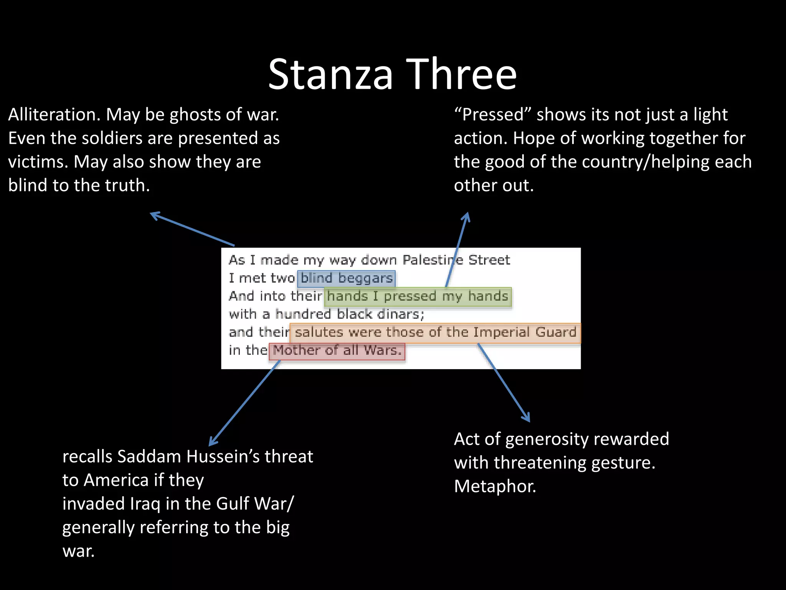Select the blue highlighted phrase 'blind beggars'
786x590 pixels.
coord(346,278)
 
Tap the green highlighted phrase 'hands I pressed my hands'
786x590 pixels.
coord(418,297)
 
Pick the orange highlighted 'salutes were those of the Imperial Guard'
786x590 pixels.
coord(435,332)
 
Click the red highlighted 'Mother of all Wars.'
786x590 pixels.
coord(337,351)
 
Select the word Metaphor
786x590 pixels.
coord(495,487)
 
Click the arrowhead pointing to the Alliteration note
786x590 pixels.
coord(154,215)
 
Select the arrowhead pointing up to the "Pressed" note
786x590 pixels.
coord(467,216)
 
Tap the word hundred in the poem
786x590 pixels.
coord(303,314)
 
